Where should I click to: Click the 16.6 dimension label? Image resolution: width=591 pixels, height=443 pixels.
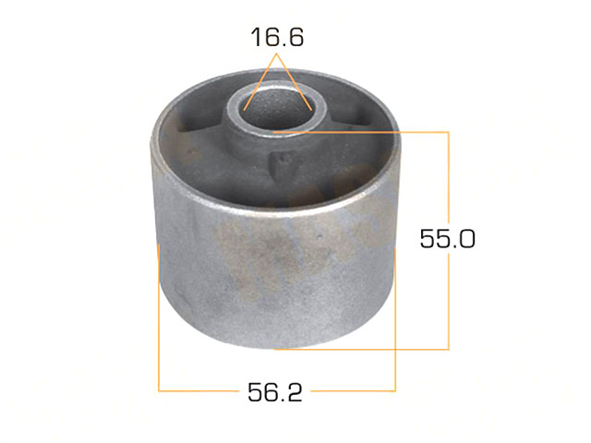click(x=277, y=37)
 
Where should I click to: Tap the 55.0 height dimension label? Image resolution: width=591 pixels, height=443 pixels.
click(x=447, y=238)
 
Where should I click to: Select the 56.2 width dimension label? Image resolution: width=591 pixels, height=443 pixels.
click(x=275, y=392)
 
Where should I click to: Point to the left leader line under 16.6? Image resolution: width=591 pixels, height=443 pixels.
click(x=260, y=82)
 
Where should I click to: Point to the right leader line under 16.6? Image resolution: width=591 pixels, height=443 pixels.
click(x=295, y=82)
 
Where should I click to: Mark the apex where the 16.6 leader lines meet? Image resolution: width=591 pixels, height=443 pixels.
click(x=278, y=54)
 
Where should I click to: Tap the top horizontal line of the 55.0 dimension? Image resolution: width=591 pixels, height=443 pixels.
click(x=361, y=132)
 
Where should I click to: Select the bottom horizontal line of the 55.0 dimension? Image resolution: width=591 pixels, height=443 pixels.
click(x=361, y=349)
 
